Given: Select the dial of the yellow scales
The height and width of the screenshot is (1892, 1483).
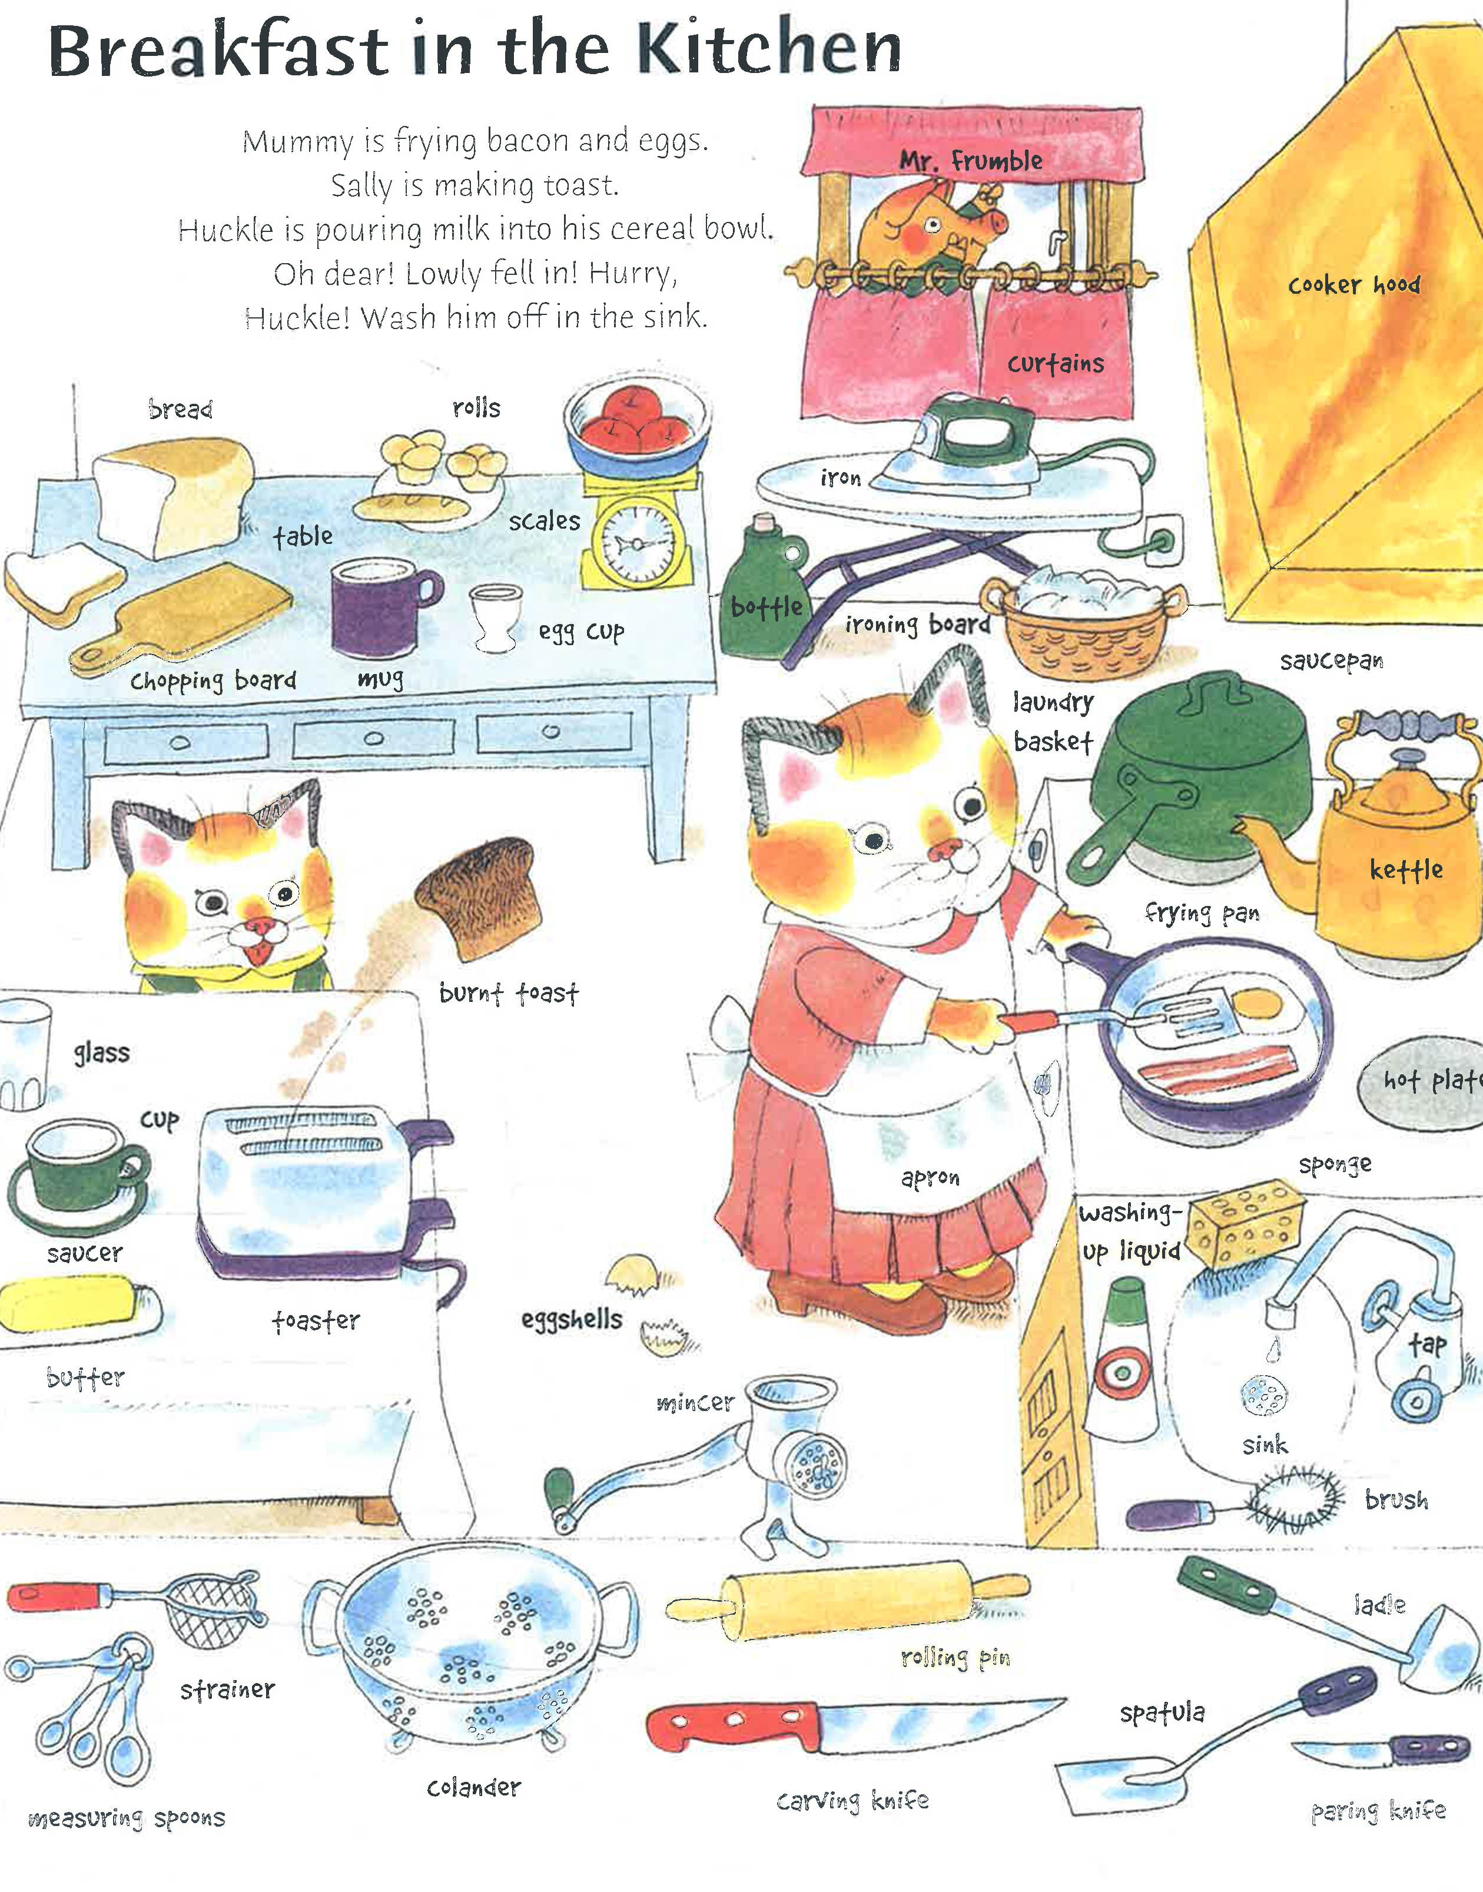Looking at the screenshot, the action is click(638, 543).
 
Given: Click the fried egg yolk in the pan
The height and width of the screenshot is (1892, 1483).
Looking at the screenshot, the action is click(1258, 1005).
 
